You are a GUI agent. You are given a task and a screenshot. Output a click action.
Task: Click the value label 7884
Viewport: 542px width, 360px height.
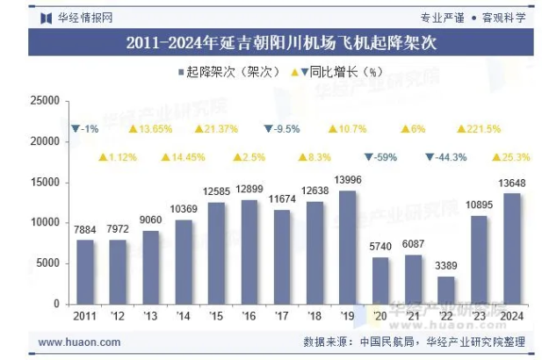[x=84, y=230]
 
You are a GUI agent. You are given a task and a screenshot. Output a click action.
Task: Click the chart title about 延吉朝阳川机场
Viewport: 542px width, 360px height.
[x=271, y=41]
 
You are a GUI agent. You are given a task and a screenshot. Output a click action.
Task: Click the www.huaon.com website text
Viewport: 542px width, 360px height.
[x=80, y=342]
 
